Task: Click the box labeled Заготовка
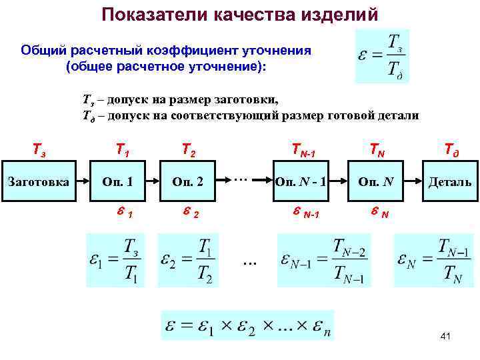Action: coord(37,181)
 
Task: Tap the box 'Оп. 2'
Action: coord(187,181)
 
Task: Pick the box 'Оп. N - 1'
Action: coord(301,181)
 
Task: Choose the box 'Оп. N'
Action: coord(375,181)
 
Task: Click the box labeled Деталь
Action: coord(449,181)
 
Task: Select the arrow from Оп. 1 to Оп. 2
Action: coord(153,181)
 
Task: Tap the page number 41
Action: coord(446,337)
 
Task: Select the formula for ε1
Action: coord(117,259)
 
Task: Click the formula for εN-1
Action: coord(322,259)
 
